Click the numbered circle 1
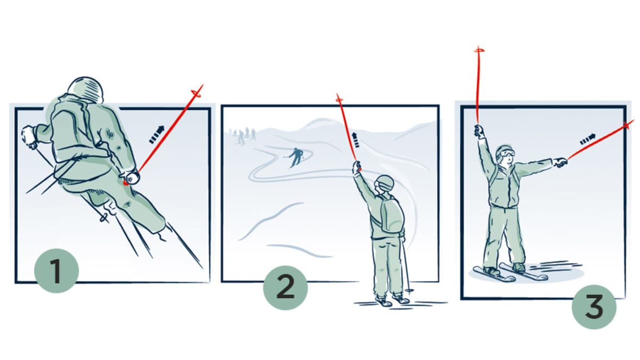pyautogui.click(x=56, y=271)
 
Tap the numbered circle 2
pyautogui.click(x=286, y=288)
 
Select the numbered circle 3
pyautogui.click(x=594, y=307)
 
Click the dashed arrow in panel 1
pyautogui.click(x=157, y=134)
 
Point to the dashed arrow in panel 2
pyautogui.click(x=355, y=140)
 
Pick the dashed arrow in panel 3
pyautogui.click(x=588, y=140)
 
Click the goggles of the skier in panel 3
pyautogui.click(x=508, y=153)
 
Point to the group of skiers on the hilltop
pyautogui.click(x=242, y=136)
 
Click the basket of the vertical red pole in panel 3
pyautogui.click(x=479, y=51)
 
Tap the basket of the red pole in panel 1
pyautogui.click(x=197, y=94)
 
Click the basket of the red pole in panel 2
pyautogui.click(x=339, y=100)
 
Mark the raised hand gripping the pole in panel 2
pyautogui.click(x=357, y=167)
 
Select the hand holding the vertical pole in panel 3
pyautogui.click(x=479, y=131)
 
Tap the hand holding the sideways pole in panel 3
pyautogui.click(x=560, y=162)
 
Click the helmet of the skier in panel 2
pyautogui.click(x=385, y=183)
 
